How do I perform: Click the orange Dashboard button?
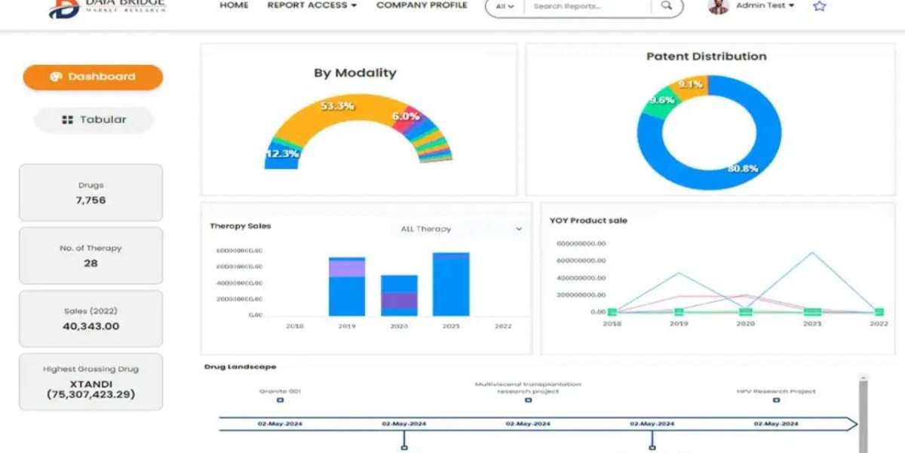click(93, 77)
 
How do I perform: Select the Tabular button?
click(94, 119)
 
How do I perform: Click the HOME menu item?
click(234, 5)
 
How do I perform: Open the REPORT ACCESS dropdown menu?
click(311, 5)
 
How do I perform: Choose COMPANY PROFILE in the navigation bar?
click(422, 5)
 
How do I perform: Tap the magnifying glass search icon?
click(666, 6)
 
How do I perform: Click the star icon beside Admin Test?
click(820, 6)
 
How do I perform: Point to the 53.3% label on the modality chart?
click(337, 106)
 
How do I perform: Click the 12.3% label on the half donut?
click(282, 154)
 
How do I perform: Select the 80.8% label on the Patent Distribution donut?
click(742, 168)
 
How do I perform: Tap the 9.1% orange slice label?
click(691, 85)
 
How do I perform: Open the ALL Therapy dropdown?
click(460, 229)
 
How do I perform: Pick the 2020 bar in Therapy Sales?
click(399, 295)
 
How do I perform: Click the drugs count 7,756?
click(90, 200)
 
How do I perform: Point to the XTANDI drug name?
click(90, 384)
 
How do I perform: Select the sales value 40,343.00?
click(90, 326)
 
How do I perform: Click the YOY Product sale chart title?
click(588, 220)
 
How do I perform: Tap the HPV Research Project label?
click(776, 391)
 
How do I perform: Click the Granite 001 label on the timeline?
click(280, 391)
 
